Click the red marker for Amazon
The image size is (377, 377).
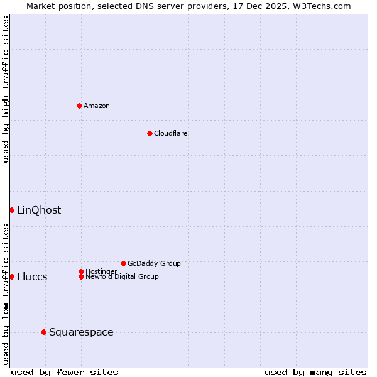79,106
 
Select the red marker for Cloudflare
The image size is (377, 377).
150,133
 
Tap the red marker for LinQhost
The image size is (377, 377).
11,210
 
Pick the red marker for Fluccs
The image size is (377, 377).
11,276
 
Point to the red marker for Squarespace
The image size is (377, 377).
43,332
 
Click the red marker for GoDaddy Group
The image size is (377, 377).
123,263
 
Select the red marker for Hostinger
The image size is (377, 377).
81,271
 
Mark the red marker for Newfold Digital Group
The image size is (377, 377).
81,276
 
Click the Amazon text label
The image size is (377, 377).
97,106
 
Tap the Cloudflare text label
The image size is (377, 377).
171,133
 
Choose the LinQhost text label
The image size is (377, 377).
39,210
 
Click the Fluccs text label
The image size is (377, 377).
32,276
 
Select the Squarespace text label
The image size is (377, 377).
81,332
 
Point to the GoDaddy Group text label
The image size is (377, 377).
154,263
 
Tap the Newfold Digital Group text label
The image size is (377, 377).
123,277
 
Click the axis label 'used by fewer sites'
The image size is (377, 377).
65,372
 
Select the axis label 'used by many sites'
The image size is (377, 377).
315,372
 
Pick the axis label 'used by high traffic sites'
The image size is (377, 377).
6,89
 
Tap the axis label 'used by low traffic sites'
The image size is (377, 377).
6,294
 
